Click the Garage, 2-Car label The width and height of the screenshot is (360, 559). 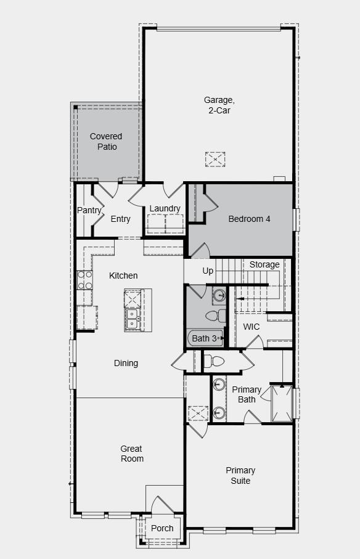pyautogui.click(x=219, y=105)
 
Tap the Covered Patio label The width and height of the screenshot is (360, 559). pyautogui.click(x=106, y=141)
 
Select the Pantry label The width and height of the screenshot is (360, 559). pyautogui.click(x=89, y=210)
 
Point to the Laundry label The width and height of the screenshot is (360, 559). pyautogui.click(x=165, y=208)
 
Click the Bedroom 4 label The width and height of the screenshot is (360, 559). pyautogui.click(x=249, y=219)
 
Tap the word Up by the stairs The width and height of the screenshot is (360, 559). pyautogui.click(x=208, y=271)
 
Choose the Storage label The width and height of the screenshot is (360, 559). pyautogui.click(x=264, y=264)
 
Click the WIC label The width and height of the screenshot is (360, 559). pyautogui.click(x=252, y=327)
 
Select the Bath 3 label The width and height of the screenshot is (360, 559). pyautogui.click(x=204, y=338)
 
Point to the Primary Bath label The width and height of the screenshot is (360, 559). pyautogui.click(x=247, y=394)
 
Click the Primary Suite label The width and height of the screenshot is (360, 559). pyautogui.click(x=240, y=475)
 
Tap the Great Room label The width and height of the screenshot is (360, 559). pyautogui.click(x=132, y=454)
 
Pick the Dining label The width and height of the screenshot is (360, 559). pyautogui.click(x=126, y=363)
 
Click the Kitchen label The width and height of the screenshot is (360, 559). pyautogui.click(x=123, y=275)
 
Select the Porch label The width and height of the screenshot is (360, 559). pyautogui.click(x=162, y=528)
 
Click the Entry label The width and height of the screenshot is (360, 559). pyautogui.click(x=121, y=219)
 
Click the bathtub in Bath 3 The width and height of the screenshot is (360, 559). pyautogui.click(x=205, y=338)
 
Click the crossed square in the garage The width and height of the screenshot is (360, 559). pyautogui.click(x=215, y=159)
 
